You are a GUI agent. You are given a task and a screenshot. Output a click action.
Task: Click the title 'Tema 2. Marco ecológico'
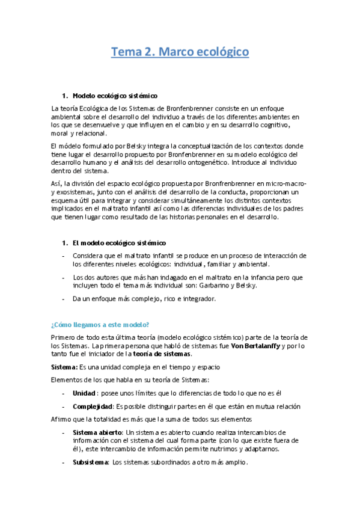point(180,52)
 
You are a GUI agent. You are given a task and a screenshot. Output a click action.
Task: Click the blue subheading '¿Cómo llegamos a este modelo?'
point(100,324)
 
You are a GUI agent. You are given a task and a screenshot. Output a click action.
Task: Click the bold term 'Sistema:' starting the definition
point(64,366)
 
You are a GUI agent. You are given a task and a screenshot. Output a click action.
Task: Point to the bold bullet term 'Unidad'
point(84,393)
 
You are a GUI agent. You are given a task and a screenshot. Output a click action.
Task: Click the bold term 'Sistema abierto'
point(97,432)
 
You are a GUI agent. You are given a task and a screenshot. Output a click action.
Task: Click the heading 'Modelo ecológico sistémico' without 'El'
point(115,96)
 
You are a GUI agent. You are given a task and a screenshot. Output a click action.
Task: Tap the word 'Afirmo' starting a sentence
point(61,419)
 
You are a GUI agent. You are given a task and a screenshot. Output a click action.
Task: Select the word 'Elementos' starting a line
point(69,379)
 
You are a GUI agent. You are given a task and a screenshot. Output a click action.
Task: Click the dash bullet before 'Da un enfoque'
point(64,298)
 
